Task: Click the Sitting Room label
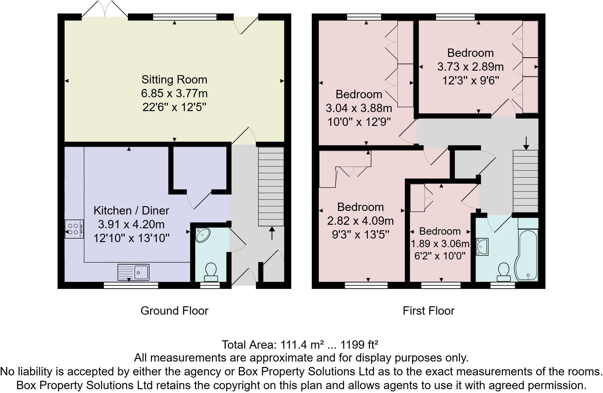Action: coord(174,80)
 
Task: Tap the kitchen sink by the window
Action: coord(133,272)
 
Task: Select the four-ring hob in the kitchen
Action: coord(74,229)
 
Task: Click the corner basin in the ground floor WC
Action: coord(202,235)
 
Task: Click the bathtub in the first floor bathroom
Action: coord(526,255)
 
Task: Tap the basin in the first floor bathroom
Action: coord(482,247)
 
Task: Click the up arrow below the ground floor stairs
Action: coord(272,233)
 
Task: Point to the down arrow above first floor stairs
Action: coord(526,143)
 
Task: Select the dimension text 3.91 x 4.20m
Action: coord(132,224)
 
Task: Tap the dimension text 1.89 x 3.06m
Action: coord(440,244)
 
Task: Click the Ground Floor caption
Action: coord(174,311)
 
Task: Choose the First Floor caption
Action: coord(429,311)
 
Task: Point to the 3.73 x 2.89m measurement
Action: coord(471,67)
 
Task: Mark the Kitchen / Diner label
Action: coord(131,211)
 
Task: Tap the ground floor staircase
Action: coord(271,186)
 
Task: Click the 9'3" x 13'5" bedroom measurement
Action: coord(360,235)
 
